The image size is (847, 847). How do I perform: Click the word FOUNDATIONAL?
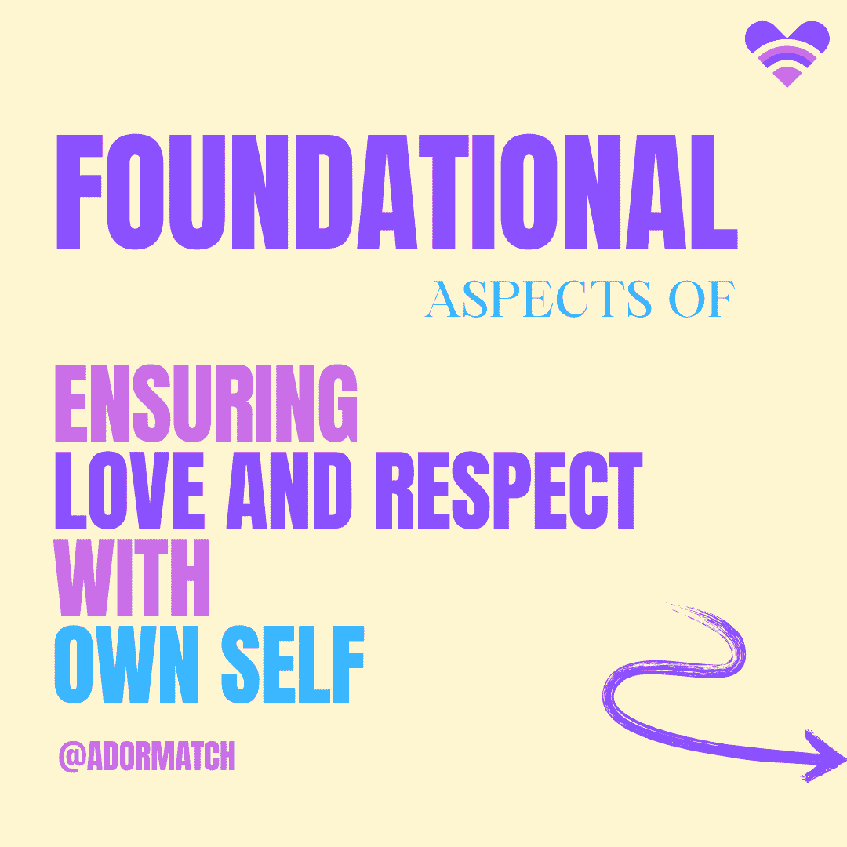point(397,191)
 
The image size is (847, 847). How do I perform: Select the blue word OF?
point(702,299)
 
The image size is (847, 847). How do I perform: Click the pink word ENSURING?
point(205,403)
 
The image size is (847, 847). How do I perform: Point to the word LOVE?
point(129,490)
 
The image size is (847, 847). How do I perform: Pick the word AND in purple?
point(289,490)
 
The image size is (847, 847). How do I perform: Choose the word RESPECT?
point(509,490)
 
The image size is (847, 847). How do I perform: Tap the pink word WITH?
point(133,577)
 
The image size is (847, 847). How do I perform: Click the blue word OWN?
point(126,664)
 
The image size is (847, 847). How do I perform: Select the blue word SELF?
point(293,664)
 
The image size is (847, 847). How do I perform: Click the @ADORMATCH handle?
point(147,756)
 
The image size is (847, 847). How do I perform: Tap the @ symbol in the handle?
point(72,756)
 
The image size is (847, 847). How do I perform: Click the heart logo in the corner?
point(787,53)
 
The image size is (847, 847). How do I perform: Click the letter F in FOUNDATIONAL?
point(79,191)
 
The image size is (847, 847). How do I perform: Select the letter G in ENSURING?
point(338,403)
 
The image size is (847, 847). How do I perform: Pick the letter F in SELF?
point(349,664)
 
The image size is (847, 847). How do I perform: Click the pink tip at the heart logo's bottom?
point(787,78)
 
